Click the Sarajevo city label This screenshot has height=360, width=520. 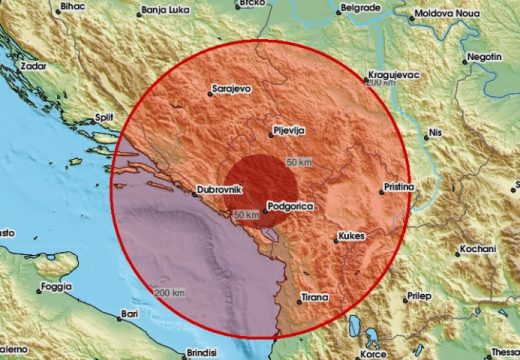point(234,88)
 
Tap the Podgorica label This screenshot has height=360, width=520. point(290,208)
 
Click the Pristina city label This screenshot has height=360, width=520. point(402,187)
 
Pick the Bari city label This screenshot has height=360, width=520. point(128,314)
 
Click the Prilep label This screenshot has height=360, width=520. point(425,296)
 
